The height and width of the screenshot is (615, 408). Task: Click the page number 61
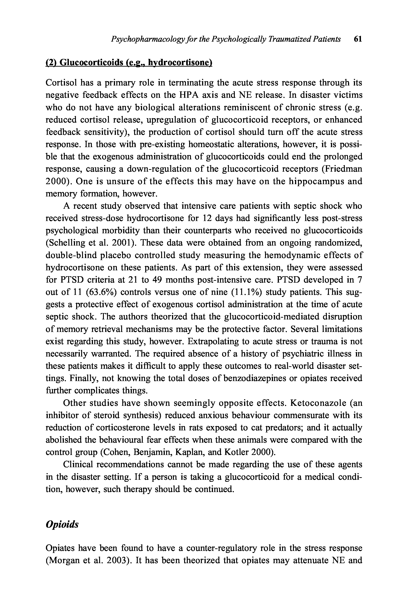pyautogui.click(x=358, y=39)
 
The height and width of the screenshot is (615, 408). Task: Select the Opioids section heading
pyautogui.click(x=62, y=525)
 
